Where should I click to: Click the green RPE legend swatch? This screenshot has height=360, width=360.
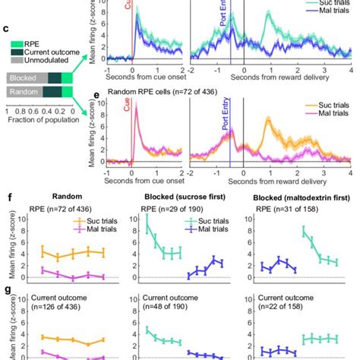14,43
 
